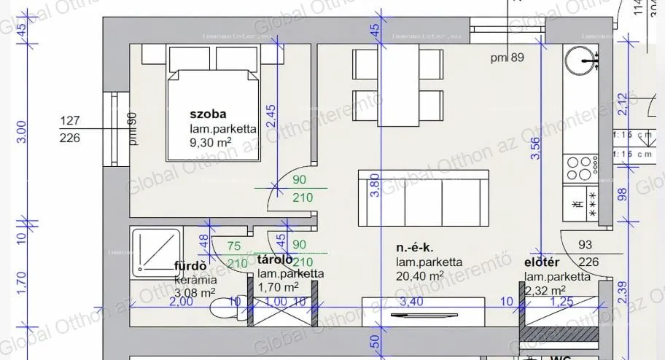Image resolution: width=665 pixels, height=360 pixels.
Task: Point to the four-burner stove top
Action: [582, 169]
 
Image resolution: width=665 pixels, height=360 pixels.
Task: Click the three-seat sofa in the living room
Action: [423, 199]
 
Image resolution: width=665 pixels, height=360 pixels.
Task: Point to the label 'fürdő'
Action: [192, 266]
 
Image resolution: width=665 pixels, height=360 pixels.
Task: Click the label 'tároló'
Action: [276, 259]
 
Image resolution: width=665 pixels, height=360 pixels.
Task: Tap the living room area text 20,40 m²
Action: [420, 275]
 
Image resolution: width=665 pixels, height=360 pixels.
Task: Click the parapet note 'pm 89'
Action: [507, 58]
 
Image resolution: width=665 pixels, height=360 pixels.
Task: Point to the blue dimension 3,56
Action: [536, 148]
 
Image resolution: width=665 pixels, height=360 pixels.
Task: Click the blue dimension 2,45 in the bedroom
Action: [271, 117]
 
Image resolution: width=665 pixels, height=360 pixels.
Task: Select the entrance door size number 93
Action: [585, 246]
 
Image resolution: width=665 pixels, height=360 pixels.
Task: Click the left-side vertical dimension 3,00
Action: [21, 132]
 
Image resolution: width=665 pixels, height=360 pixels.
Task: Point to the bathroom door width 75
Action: [234, 246]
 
